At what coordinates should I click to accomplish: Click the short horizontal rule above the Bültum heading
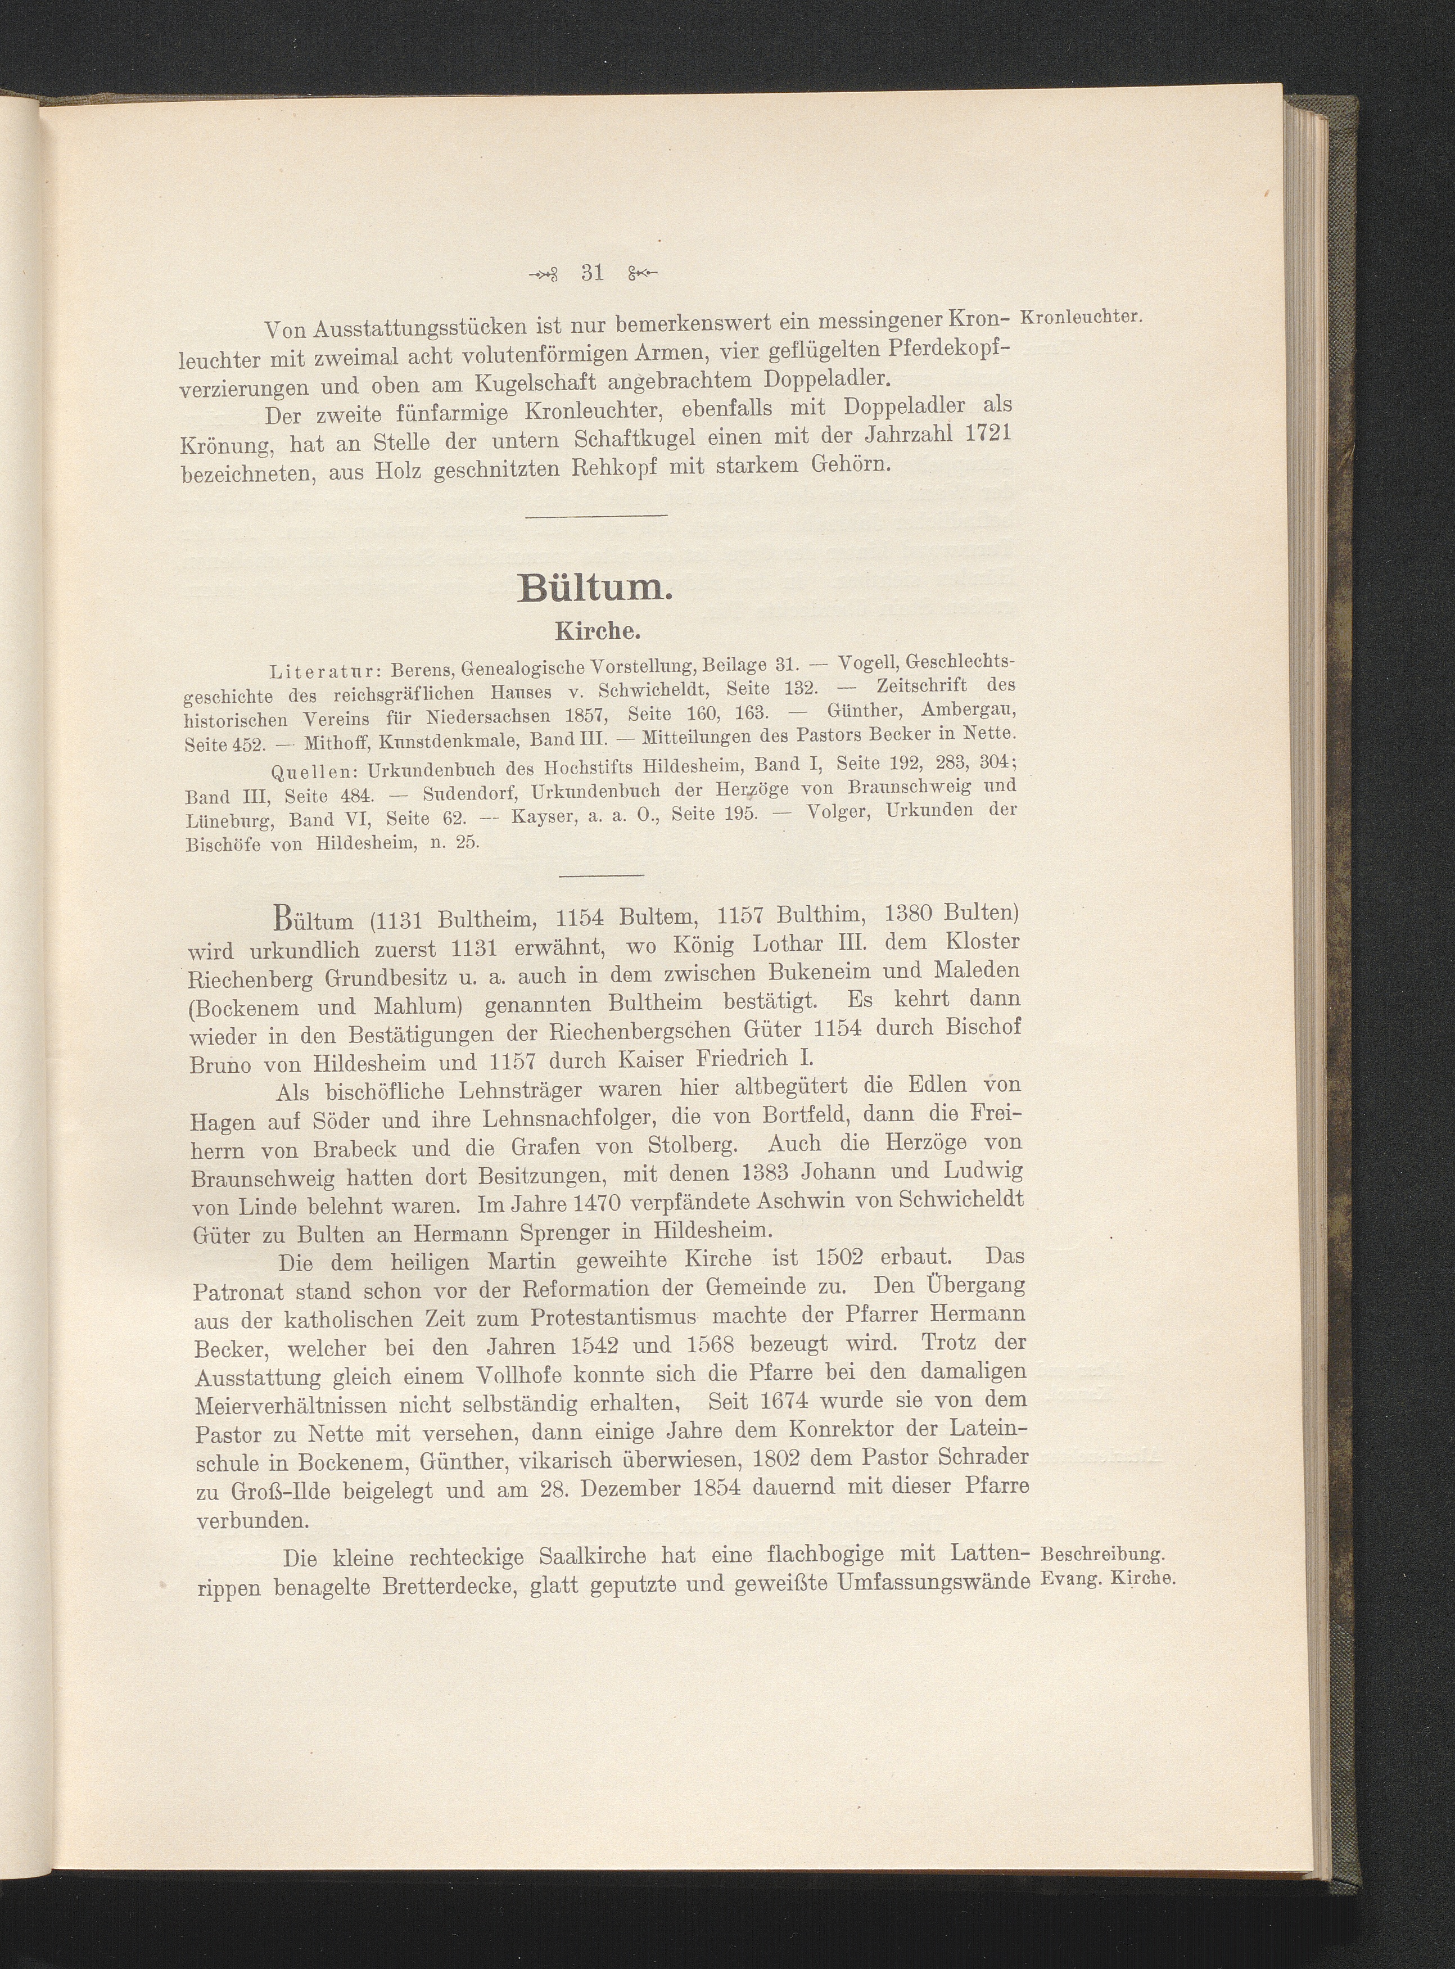point(597,515)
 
